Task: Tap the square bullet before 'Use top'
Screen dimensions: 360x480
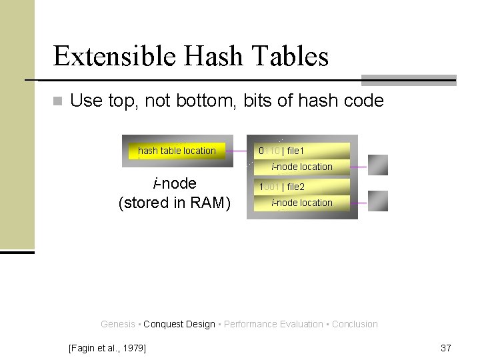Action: point(57,101)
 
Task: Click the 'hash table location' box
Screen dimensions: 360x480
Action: point(177,151)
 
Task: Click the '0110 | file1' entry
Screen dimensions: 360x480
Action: point(281,151)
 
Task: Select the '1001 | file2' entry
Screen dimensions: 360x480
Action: point(281,187)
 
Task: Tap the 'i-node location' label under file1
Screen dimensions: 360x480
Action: point(301,167)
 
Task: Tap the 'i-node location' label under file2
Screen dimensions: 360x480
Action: point(301,203)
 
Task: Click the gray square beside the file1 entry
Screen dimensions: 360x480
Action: point(377,165)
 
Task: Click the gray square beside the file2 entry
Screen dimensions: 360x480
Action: point(377,201)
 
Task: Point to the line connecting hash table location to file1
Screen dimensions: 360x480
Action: point(237,151)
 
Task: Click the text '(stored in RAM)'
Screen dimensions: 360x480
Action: point(174,203)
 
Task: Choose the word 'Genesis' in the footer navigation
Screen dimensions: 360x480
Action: point(117,324)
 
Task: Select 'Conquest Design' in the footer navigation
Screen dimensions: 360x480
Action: point(179,324)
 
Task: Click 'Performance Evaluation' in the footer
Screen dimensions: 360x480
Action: point(273,324)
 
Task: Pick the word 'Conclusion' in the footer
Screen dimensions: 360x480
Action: point(355,324)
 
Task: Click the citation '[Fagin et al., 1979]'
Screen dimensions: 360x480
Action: point(107,347)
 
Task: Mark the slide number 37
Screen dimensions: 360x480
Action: point(446,347)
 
